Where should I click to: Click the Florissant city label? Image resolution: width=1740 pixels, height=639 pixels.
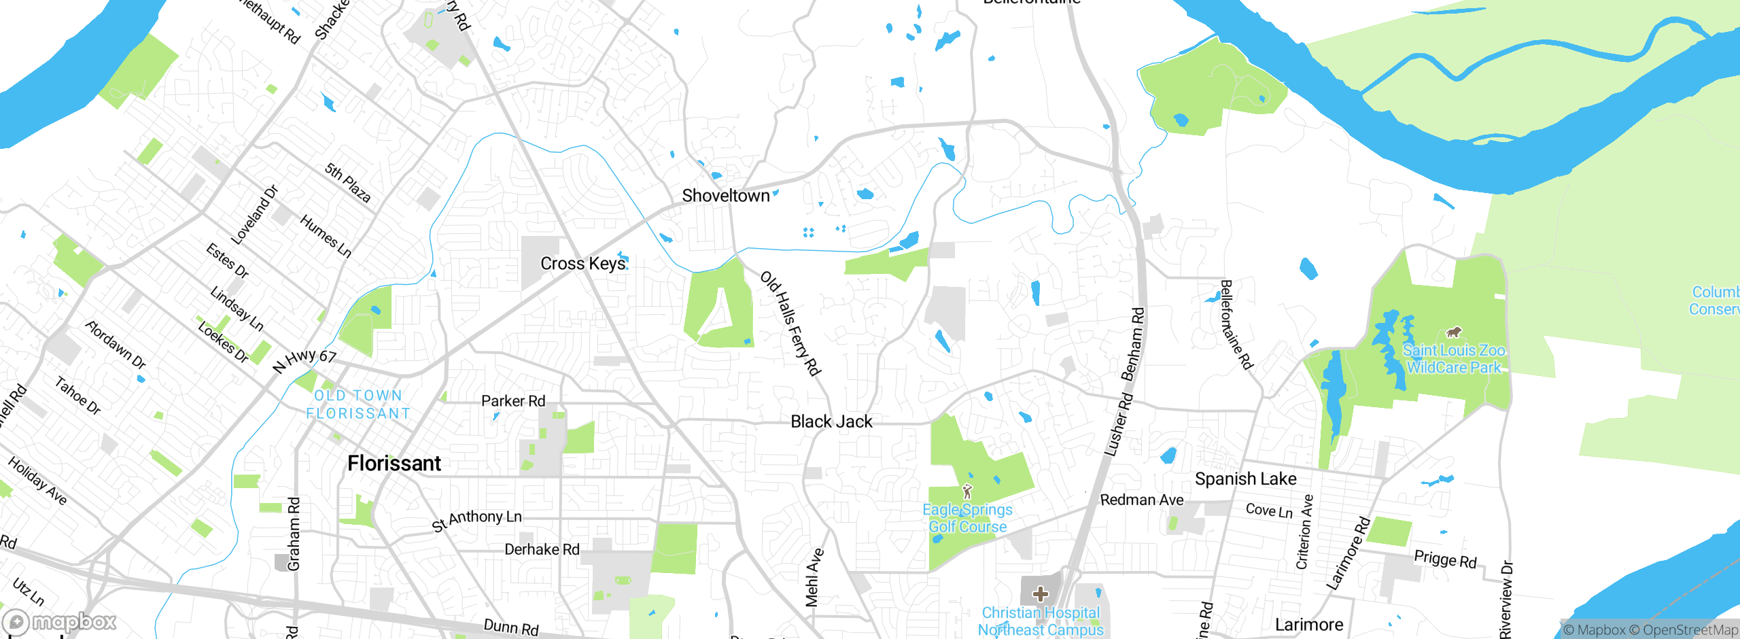tap(394, 464)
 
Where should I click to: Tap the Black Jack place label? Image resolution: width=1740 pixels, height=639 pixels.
tap(831, 421)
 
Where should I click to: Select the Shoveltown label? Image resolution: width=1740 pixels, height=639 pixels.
tap(725, 196)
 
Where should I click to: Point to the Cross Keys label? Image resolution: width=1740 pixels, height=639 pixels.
tap(582, 264)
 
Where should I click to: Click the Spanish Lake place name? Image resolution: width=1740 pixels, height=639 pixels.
tap(1245, 479)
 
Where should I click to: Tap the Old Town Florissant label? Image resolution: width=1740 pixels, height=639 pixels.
tap(358, 404)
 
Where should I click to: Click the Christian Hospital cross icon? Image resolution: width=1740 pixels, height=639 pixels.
tap(1040, 594)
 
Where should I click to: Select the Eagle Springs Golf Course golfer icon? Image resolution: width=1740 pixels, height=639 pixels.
tap(968, 491)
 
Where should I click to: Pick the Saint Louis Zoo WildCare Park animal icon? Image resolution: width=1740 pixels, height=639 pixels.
tap(1453, 332)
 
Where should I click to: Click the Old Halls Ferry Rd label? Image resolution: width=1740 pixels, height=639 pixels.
tap(790, 324)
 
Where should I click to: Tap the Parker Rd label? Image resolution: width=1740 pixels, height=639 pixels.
tap(513, 401)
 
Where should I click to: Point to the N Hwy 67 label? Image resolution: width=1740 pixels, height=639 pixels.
tap(304, 360)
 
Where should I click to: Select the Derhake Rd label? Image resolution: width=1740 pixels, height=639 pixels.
tap(542, 549)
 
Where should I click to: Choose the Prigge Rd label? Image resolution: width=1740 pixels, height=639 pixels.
tap(1445, 559)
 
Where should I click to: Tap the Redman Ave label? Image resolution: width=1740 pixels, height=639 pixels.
tap(1142, 500)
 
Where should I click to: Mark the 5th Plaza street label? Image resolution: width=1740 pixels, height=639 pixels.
tap(348, 183)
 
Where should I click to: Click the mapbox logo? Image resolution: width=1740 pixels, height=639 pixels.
tap(60, 621)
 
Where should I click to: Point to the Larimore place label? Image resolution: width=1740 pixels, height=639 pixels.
tap(1308, 625)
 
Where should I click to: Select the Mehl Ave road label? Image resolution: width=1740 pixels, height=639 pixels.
tap(814, 577)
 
